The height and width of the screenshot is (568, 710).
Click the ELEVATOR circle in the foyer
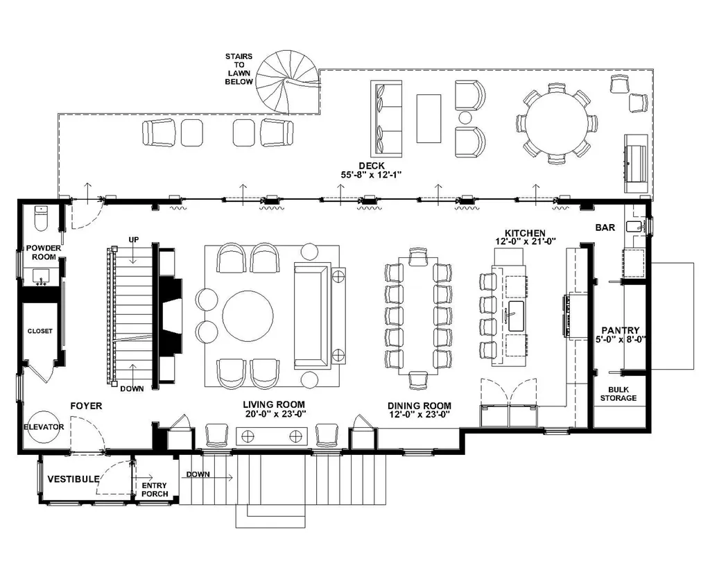(x=44, y=427)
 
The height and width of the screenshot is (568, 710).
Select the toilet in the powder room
(x=41, y=218)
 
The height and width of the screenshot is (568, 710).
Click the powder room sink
(x=42, y=277)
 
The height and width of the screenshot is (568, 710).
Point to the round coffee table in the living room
(x=248, y=316)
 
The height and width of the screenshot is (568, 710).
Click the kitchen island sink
(x=516, y=316)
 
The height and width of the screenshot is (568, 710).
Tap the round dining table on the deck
(x=557, y=123)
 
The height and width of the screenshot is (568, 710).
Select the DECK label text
(x=372, y=166)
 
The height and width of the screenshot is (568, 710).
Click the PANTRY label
(x=621, y=330)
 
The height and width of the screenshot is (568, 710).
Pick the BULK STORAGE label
(x=618, y=394)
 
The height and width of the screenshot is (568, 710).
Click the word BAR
(x=605, y=227)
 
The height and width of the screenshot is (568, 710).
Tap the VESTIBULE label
(x=73, y=479)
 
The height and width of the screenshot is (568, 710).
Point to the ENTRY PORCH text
(x=155, y=490)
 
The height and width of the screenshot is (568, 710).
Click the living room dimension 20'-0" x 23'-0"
(x=275, y=413)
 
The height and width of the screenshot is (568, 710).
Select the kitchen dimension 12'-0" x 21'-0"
(x=526, y=242)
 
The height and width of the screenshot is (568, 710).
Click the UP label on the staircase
(x=134, y=239)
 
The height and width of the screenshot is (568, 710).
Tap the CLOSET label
(x=40, y=331)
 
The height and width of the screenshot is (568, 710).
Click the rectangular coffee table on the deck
(x=428, y=118)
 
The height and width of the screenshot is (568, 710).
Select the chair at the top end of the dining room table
(x=418, y=257)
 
